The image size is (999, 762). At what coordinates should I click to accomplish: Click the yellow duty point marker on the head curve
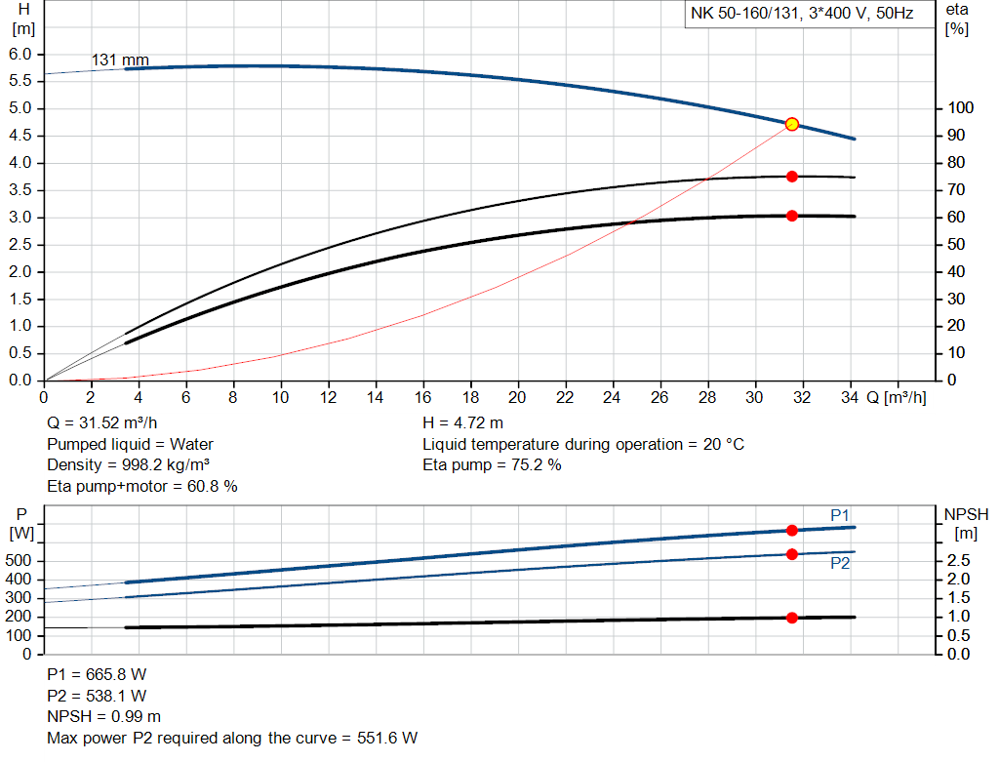coord(792,124)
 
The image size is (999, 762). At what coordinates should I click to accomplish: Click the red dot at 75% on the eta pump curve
coord(792,177)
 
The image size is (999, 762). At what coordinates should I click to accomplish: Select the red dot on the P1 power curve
coord(792,530)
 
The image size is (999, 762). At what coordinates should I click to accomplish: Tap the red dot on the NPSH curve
coord(792,618)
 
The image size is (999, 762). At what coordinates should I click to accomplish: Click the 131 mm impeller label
coord(120,60)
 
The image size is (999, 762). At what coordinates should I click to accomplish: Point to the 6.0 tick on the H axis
coord(20,54)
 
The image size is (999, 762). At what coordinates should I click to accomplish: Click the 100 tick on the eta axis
coord(961,108)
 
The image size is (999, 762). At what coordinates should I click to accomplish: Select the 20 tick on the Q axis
coord(517,397)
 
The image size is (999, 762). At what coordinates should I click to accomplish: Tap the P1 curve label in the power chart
coord(841,515)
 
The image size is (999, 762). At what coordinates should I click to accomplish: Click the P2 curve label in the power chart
coord(841,563)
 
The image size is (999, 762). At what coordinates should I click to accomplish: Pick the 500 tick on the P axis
coord(20,561)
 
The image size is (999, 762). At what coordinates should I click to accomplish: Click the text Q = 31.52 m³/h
coord(108,422)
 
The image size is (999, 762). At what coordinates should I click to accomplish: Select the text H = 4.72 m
coord(463,422)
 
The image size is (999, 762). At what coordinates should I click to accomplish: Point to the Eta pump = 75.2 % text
coord(492,465)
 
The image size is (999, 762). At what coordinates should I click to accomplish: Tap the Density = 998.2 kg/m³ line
coord(129,465)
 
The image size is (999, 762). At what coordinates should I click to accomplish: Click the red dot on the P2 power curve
coord(792,554)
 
